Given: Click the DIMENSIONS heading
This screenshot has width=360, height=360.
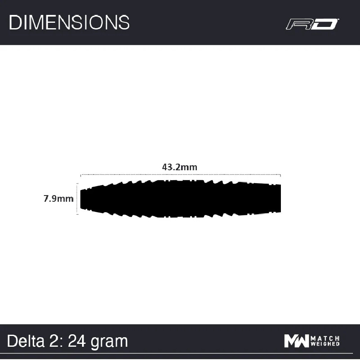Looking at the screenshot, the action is (x=69, y=22).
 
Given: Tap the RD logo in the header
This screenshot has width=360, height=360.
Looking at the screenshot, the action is (x=312, y=24).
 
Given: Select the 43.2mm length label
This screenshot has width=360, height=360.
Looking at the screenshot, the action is (x=179, y=167).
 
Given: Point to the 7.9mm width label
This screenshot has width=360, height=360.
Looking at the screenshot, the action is (x=58, y=198).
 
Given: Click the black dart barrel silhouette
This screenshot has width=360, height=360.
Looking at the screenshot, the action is (x=181, y=199).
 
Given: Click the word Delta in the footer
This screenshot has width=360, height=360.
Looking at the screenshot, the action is (x=26, y=341).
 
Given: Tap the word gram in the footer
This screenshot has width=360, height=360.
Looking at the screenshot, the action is (x=109, y=343).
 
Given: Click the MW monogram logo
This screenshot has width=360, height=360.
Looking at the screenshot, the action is (x=296, y=341).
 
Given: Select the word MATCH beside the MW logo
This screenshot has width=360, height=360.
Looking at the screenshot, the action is (x=325, y=338).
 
